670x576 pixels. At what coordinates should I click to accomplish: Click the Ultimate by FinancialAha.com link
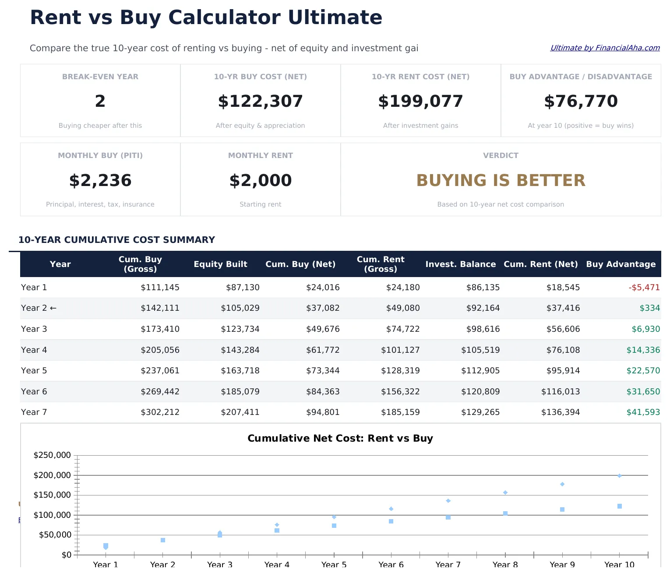coord(605,48)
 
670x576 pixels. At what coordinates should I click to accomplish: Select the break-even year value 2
coord(100,101)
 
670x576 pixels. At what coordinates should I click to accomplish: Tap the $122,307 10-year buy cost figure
coord(261,101)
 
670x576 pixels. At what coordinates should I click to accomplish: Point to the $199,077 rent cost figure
coord(420,101)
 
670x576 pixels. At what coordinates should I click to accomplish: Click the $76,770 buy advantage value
coord(581,101)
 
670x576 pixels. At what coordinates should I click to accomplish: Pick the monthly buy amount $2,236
coord(100,180)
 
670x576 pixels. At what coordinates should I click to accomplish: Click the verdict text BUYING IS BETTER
coord(501,180)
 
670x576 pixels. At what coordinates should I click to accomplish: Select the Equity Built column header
coord(220,264)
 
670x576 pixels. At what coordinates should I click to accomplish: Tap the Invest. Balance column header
coord(460,264)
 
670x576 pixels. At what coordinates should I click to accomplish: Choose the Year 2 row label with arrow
coord(39,308)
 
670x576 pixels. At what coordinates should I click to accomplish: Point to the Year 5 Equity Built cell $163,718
coord(240,371)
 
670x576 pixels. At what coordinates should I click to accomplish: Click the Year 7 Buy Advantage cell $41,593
coord(643,412)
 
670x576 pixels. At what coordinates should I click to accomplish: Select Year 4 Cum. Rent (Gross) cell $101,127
coord(400,350)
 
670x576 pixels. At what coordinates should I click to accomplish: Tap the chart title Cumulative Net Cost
coord(340,438)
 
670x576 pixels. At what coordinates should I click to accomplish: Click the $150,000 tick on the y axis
coord(52,495)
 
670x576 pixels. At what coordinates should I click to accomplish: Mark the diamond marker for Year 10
coord(620,476)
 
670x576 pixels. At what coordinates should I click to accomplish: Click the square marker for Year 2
coord(163,540)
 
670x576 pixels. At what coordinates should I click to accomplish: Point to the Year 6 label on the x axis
coord(391,564)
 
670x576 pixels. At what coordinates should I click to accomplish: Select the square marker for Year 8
coord(505,513)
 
